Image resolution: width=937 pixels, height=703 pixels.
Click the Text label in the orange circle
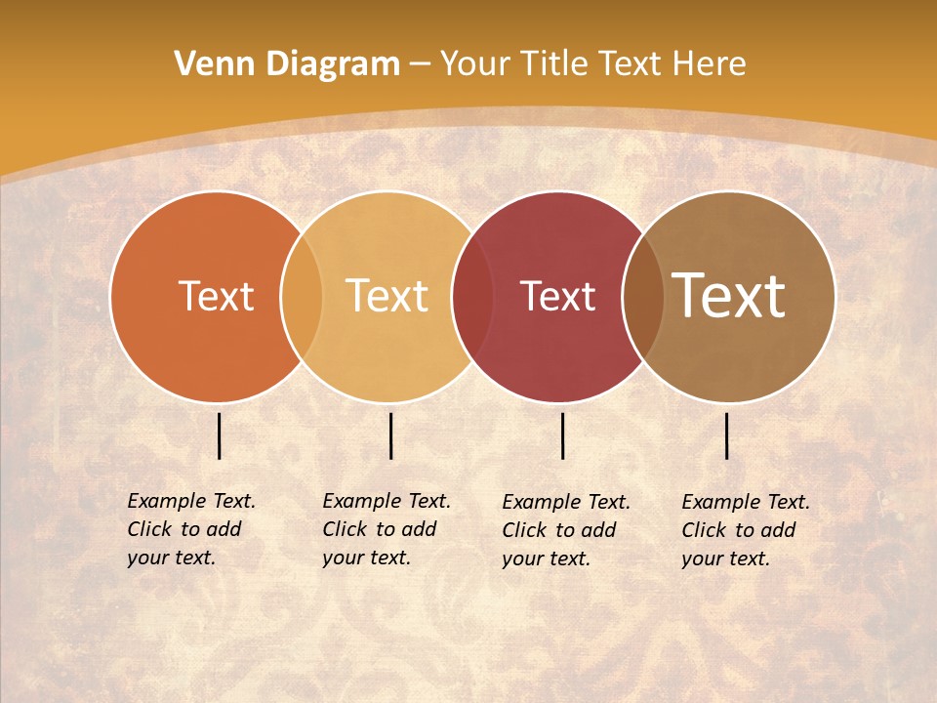click(x=216, y=296)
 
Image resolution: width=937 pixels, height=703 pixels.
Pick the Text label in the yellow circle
click(x=387, y=296)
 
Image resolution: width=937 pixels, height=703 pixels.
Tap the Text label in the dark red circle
click(x=557, y=296)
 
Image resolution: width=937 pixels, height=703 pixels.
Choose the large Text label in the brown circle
click(x=729, y=296)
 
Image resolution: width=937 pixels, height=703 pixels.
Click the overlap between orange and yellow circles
click(x=302, y=296)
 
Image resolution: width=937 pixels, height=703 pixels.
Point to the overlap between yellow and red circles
click(x=472, y=296)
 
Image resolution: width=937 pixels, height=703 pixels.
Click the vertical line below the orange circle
click(x=220, y=435)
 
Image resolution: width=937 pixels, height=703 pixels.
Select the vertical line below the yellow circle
click(x=390, y=435)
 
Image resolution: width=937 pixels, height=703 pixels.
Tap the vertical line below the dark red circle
click(x=563, y=435)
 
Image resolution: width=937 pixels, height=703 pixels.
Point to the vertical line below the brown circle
click(x=727, y=435)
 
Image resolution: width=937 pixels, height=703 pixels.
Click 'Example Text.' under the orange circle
click(x=191, y=501)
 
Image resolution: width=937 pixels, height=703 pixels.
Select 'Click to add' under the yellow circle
click(x=380, y=529)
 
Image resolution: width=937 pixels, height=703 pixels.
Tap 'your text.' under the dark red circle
click(x=547, y=559)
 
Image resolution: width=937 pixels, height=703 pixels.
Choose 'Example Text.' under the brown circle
click(x=746, y=502)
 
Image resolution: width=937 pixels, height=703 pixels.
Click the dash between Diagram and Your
click(x=420, y=64)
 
